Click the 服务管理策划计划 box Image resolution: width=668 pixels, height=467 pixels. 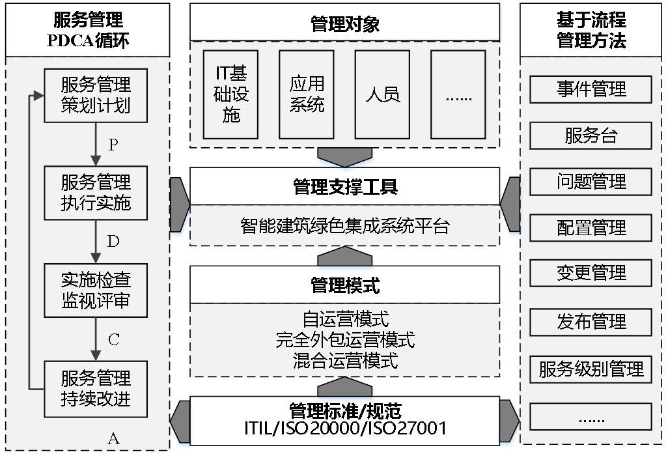[x=96, y=95]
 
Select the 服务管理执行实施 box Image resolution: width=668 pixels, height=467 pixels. [x=96, y=193]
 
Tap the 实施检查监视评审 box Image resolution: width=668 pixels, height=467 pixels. [x=96, y=290]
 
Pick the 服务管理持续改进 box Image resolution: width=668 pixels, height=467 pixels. [x=96, y=389]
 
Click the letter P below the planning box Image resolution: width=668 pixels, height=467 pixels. [x=113, y=145]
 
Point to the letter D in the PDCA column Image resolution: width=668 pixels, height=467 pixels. [x=113, y=242]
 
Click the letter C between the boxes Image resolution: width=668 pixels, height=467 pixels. [x=113, y=339]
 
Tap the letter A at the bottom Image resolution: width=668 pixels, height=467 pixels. [x=113, y=438]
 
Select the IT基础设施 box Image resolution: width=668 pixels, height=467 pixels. [x=230, y=94]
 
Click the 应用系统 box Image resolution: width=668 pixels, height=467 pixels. [x=306, y=94]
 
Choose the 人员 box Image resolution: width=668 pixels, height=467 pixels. [x=382, y=94]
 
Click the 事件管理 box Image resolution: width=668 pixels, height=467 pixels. [x=591, y=89]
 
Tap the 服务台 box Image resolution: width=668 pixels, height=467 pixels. [x=591, y=135]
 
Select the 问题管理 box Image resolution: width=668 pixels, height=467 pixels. [x=591, y=182]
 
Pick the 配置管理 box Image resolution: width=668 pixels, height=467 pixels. [x=591, y=228]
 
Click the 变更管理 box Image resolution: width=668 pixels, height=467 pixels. [x=591, y=273]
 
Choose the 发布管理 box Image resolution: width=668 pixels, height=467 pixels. [x=591, y=321]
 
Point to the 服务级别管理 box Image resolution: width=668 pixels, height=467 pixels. [x=591, y=369]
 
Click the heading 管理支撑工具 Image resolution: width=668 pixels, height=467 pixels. [x=345, y=188]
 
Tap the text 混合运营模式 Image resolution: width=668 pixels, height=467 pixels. [x=345, y=361]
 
